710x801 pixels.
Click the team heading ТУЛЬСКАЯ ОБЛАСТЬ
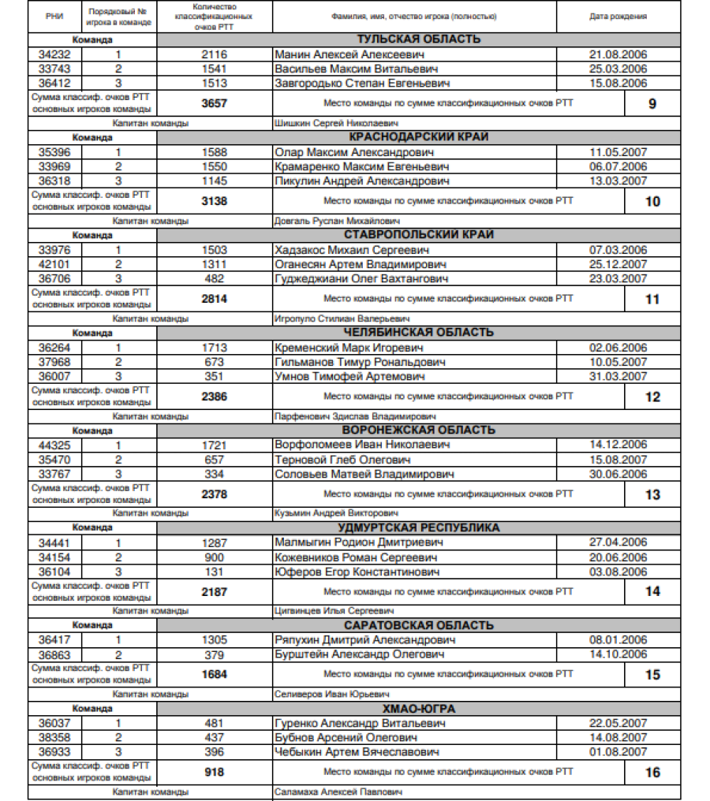[x=418, y=39]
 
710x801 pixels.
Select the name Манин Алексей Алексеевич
[x=349, y=54]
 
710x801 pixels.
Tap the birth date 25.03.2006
[x=618, y=69]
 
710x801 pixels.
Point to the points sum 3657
[x=214, y=103]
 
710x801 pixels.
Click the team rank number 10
[x=652, y=202]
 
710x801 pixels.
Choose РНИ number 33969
[x=54, y=167]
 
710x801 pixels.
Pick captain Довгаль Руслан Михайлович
[x=337, y=222]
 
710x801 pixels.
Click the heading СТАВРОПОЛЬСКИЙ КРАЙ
[x=418, y=235]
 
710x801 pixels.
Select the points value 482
[x=214, y=279]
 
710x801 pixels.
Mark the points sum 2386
[x=214, y=397]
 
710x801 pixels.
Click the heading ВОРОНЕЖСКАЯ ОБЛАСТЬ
[x=418, y=430]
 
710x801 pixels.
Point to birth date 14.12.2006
[x=618, y=445]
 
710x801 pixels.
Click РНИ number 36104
[x=54, y=572]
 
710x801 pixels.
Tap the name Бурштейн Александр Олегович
[x=360, y=655]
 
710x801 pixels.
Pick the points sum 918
[x=214, y=773]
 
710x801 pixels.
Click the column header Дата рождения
[x=618, y=17]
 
